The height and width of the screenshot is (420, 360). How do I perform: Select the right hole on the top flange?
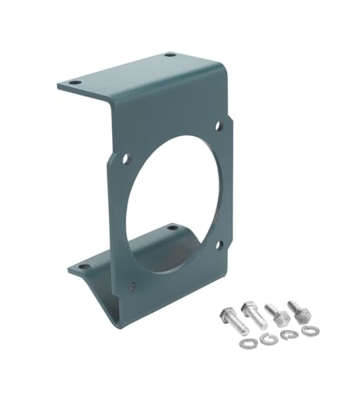169,55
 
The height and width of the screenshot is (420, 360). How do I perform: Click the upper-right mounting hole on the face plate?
218,124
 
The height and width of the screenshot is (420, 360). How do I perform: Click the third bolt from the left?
277,313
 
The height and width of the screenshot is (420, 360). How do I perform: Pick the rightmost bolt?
299,310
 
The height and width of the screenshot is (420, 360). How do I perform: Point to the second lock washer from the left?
267,340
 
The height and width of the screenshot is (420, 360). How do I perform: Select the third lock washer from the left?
289,334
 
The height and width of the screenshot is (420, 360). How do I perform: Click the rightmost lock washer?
310,332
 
